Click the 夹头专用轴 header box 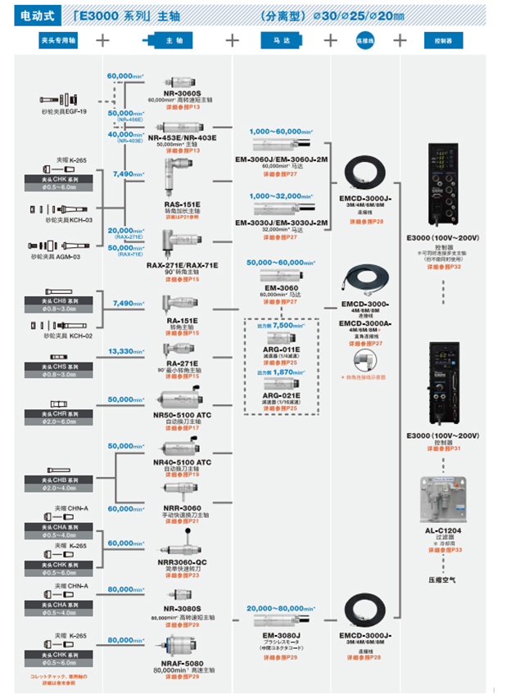coord(58,39)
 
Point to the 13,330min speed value coord(127,351)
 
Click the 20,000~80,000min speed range coord(281,609)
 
